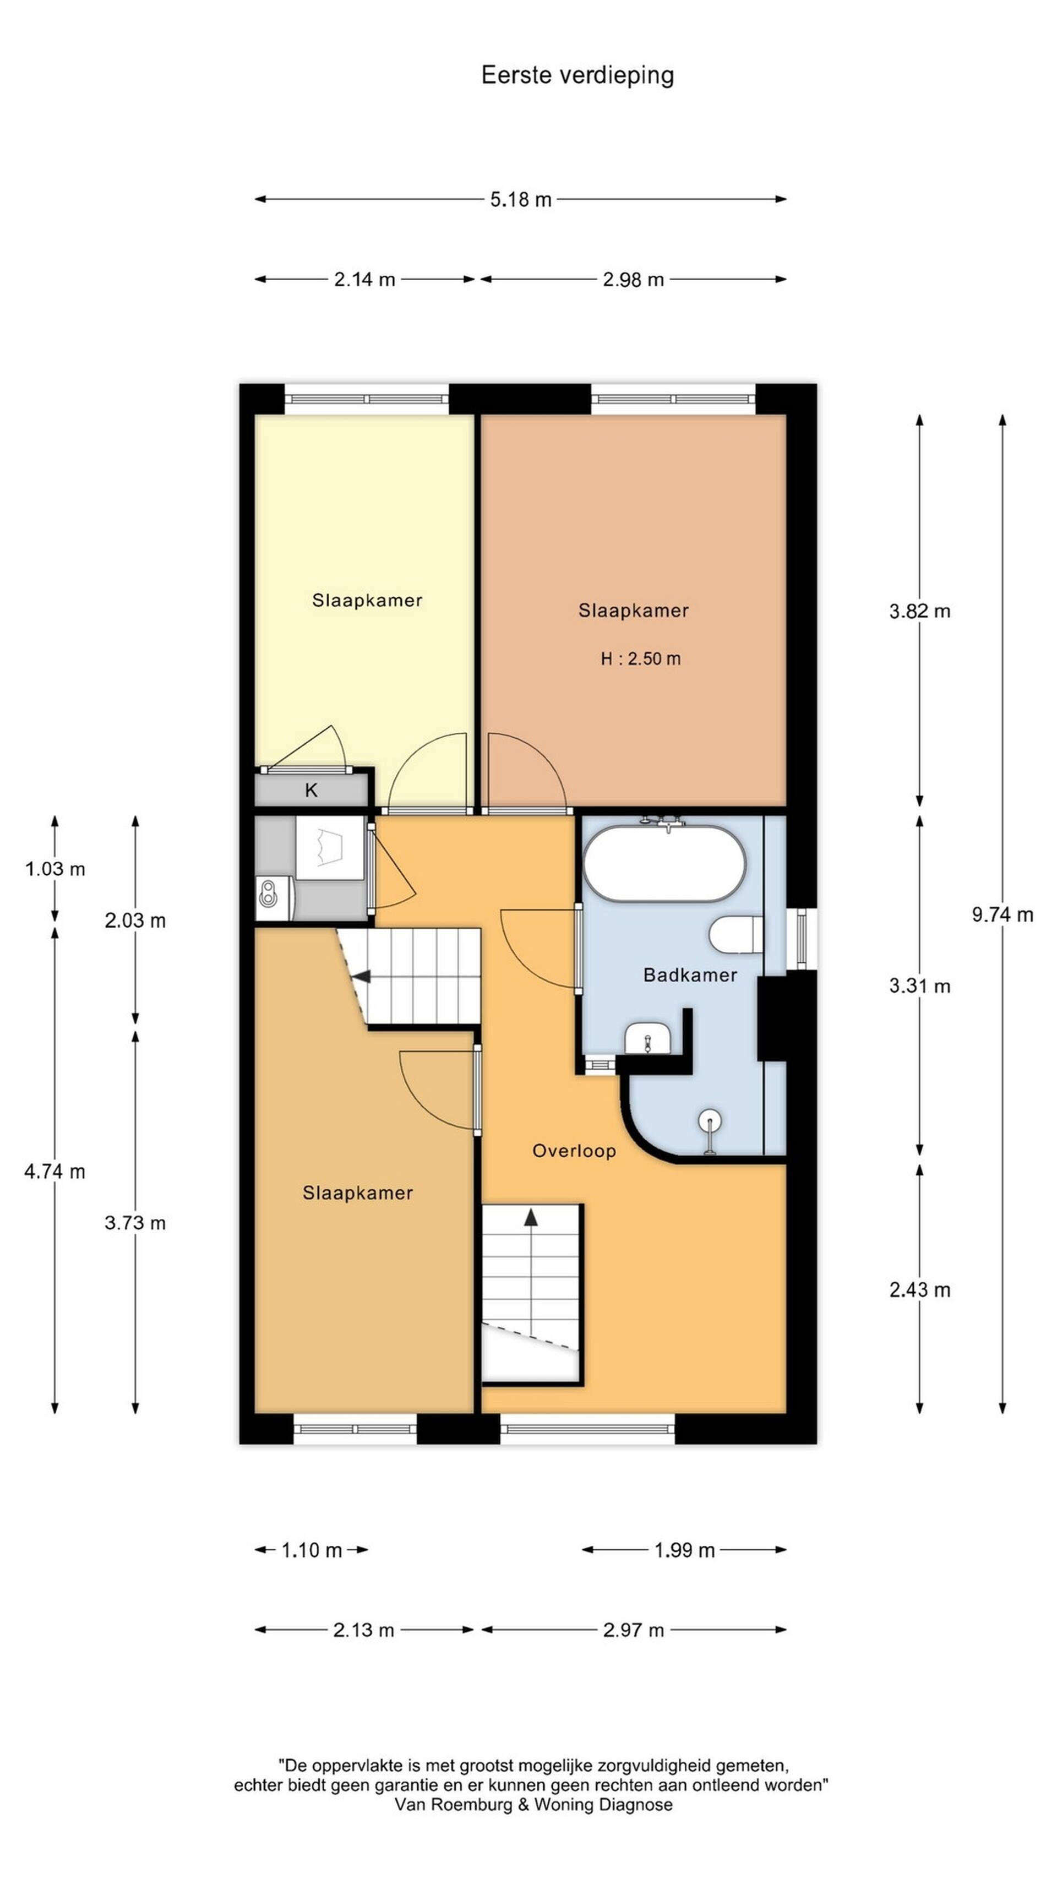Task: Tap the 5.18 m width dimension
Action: pos(520,199)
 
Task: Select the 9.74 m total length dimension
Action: pos(1001,914)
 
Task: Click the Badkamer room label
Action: pos(690,974)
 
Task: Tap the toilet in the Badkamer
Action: pos(736,934)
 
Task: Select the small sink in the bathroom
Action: pos(647,1038)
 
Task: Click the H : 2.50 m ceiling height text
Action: pos(640,658)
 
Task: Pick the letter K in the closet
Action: pos(312,790)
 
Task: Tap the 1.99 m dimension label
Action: pos(684,1550)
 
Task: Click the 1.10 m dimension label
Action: pos(312,1550)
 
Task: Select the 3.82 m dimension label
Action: pos(919,611)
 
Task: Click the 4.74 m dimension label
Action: pos(55,1172)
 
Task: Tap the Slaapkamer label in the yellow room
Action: pos(367,600)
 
